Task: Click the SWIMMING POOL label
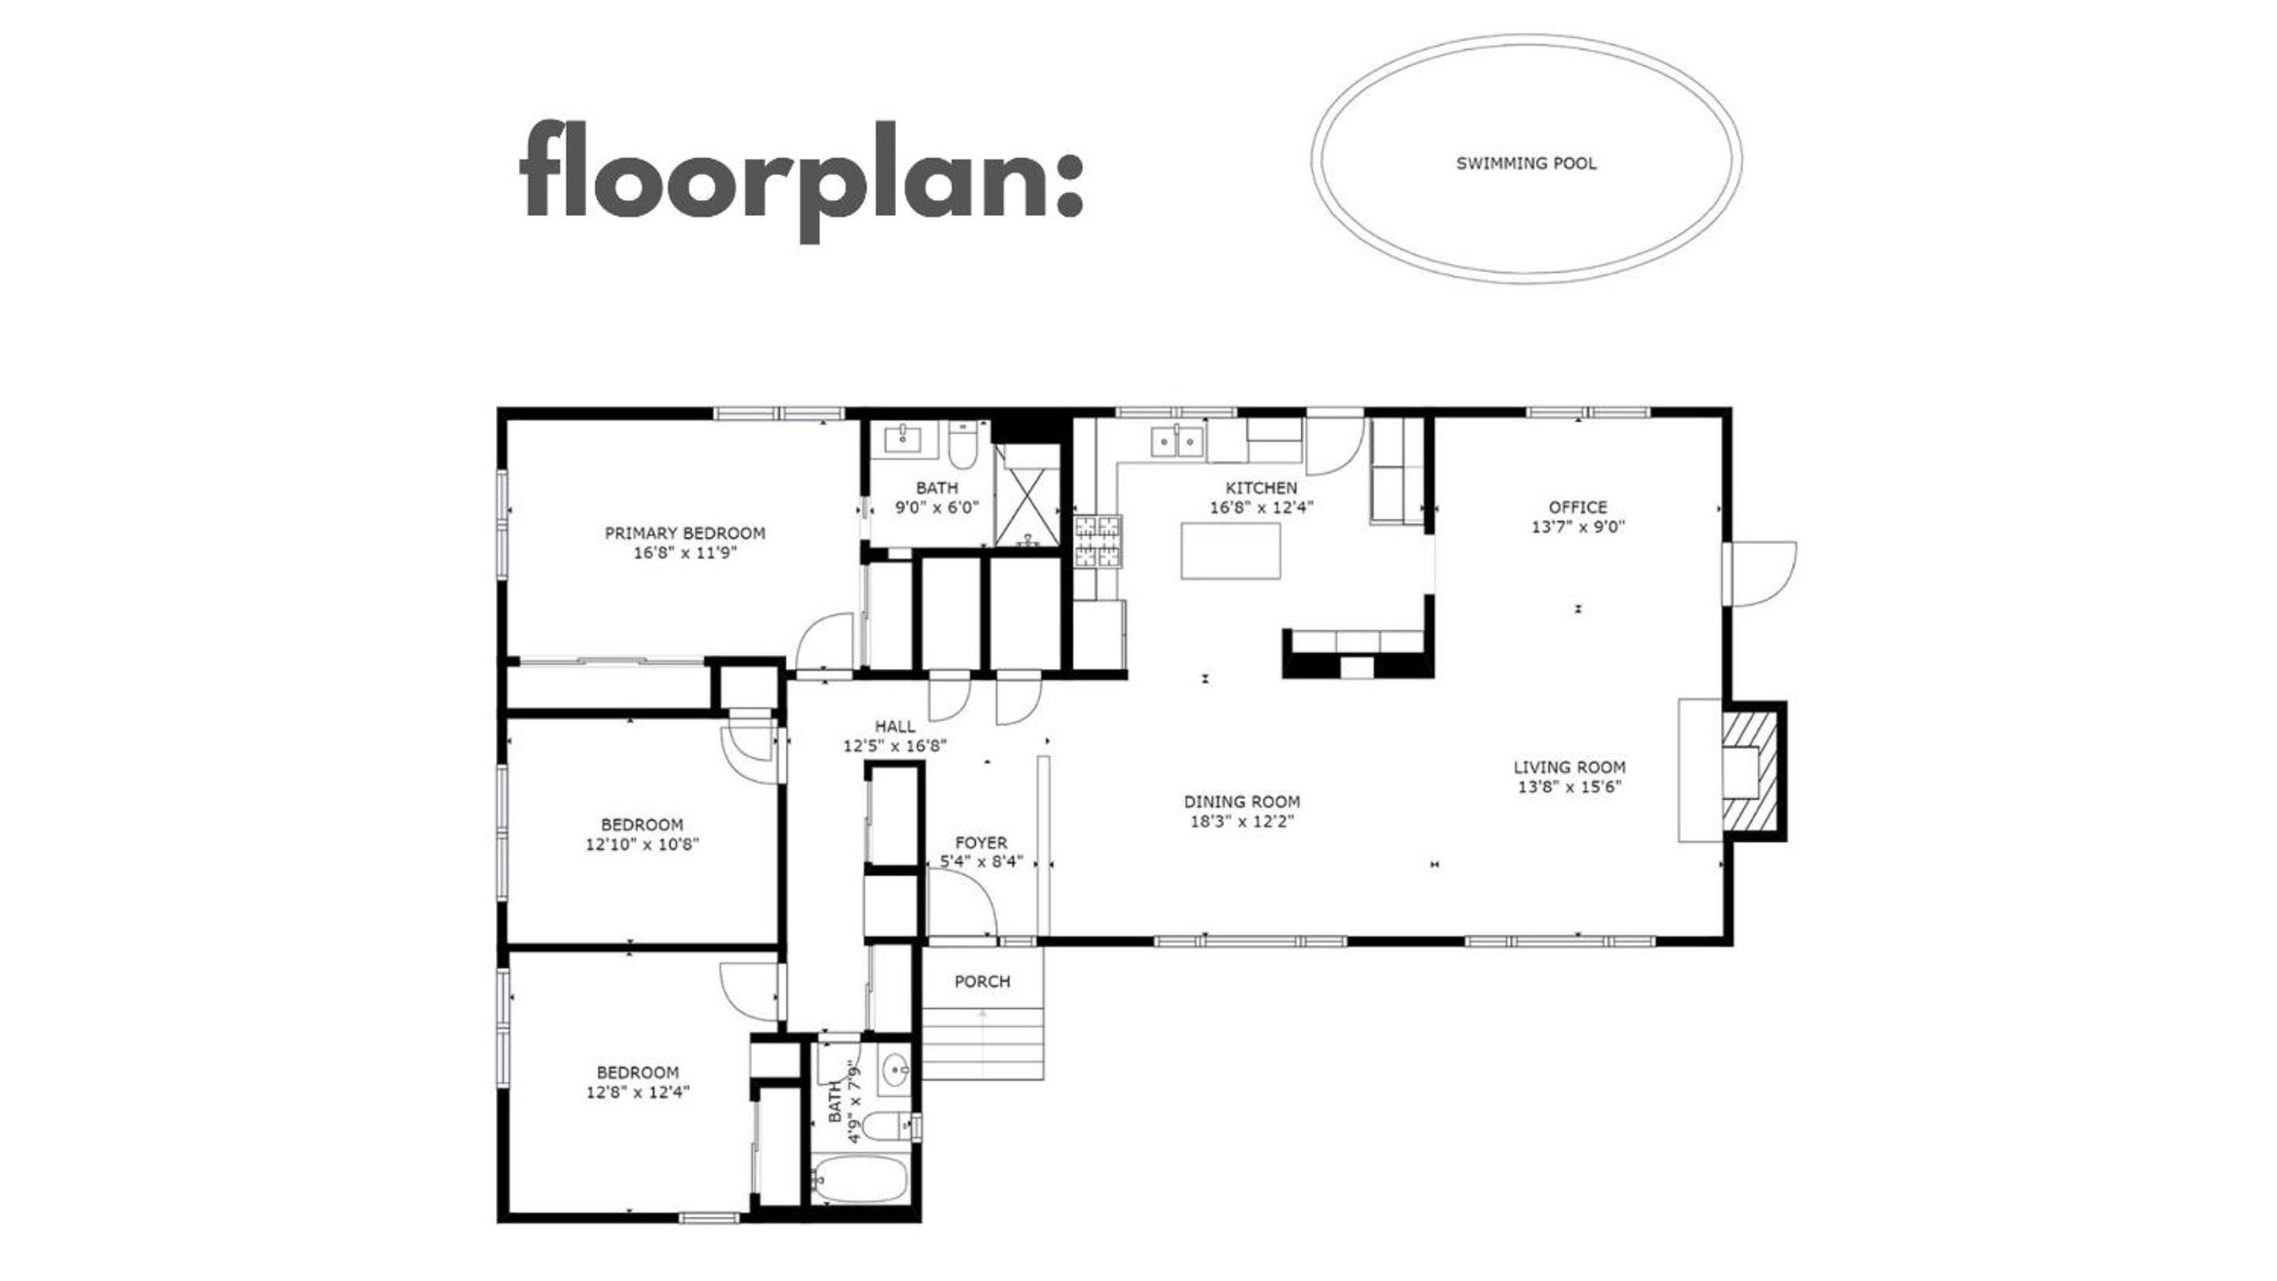[x=1526, y=164]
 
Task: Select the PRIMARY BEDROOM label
[x=685, y=533]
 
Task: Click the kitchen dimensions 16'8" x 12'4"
[x=1261, y=507]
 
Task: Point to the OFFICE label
[x=1578, y=507]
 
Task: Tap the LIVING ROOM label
[x=1570, y=767]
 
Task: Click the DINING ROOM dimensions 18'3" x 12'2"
[x=1243, y=822]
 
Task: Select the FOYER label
[x=982, y=843]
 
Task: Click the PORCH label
[x=982, y=981]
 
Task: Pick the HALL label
[x=895, y=726]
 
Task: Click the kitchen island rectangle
[x=1231, y=550]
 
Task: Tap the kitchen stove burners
[x=1097, y=541]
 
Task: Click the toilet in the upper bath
[x=963, y=446]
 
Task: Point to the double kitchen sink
[x=1178, y=439]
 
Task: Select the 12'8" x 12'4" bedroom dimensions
[x=637, y=1092]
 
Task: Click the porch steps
[x=983, y=1045]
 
